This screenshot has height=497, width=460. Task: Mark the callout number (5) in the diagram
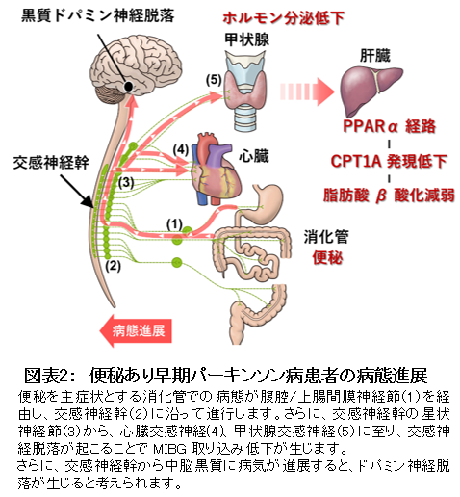(x=214, y=80)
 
